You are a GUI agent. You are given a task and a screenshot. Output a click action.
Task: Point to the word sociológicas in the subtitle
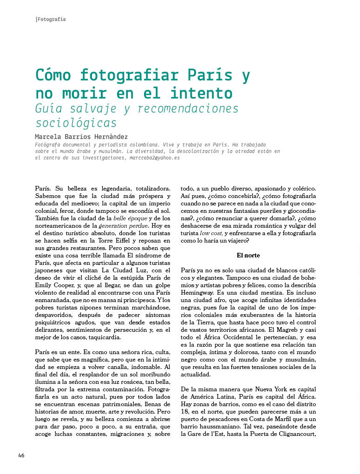coord(76,123)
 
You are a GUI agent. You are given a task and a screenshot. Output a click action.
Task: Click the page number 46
coord(21,455)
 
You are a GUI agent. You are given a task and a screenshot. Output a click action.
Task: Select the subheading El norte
coord(248,255)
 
